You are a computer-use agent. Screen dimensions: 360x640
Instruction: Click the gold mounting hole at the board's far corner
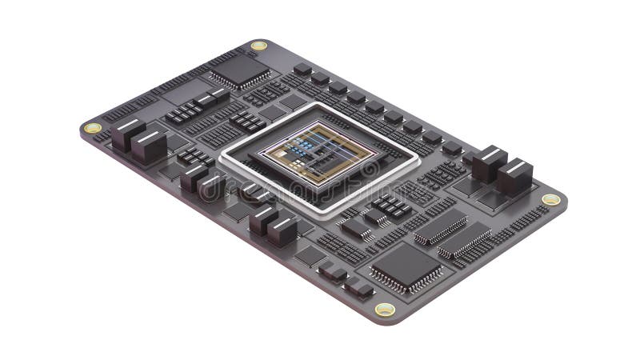[258, 46]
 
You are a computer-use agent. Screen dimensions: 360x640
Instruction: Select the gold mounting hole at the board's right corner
[550, 199]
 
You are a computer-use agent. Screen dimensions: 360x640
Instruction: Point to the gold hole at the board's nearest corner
[385, 310]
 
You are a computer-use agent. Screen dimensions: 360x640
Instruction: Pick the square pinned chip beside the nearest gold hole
[406, 266]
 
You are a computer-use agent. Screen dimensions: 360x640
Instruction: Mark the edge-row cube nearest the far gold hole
[302, 70]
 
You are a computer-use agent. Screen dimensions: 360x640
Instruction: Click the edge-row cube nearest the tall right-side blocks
[451, 147]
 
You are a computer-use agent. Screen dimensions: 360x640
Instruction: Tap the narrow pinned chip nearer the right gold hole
[465, 240]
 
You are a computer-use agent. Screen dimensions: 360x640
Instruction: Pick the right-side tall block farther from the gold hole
[488, 164]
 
